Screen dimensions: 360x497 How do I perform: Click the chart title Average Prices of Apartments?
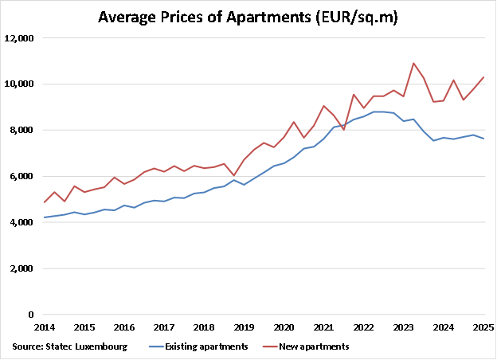coord(248,17)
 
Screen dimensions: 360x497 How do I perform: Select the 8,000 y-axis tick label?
coord(22,131)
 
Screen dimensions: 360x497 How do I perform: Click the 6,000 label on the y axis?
coord(22,177)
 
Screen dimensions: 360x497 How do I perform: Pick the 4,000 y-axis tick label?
coord(22,223)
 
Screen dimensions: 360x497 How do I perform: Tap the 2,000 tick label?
coord(22,269)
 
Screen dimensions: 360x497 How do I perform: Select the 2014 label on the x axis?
coord(45,327)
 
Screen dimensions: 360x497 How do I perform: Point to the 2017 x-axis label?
coord(164,327)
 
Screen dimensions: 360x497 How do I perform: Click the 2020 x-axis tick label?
coord(284,327)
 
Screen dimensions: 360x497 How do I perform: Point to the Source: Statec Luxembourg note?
coord(59,346)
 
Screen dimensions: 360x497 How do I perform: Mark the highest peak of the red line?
coord(413,63)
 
